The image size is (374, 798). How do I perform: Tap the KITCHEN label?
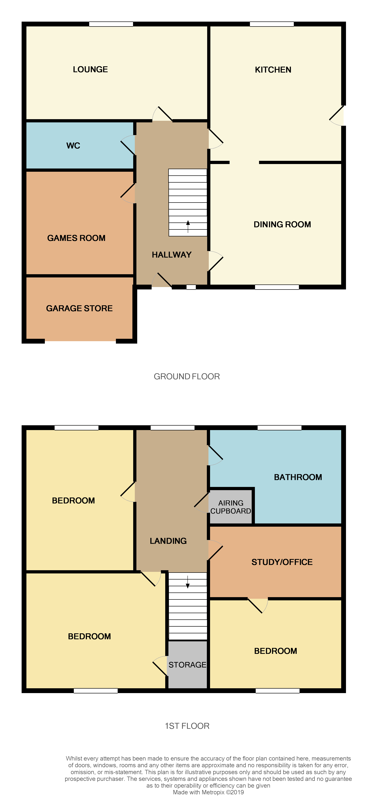click(x=273, y=70)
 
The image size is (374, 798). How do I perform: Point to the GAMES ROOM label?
click(x=76, y=238)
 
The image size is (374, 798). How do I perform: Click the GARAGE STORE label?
click(x=79, y=308)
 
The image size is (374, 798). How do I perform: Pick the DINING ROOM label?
click(x=282, y=224)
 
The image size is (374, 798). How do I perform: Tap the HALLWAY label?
click(x=171, y=255)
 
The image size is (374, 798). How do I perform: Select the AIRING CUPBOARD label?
click(x=231, y=507)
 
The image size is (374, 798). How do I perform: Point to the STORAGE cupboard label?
click(x=187, y=665)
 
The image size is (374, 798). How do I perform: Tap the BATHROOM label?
click(x=298, y=477)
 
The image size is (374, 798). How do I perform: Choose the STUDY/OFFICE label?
click(x=282, y=562)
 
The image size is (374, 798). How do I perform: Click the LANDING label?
click(x=168, y=541)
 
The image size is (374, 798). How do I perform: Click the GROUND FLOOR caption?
click(x=187, y=376)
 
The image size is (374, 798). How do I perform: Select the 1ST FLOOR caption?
click(x=187, y=726)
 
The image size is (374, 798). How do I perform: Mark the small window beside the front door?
click(x=191, y=287)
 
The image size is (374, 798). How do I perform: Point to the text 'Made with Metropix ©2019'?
click(x=208, y=792)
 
